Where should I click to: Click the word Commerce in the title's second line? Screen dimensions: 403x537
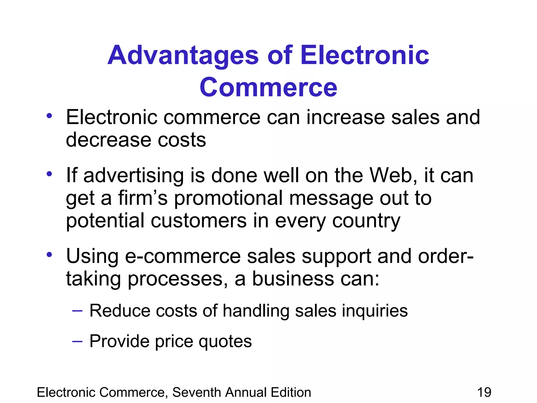[268, 87]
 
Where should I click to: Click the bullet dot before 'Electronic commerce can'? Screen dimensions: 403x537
[49, 116]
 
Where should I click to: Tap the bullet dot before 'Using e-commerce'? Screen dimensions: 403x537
[49, 254]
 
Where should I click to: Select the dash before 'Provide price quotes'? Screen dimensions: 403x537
[77, 341]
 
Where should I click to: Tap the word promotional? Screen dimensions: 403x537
[228, 198]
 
